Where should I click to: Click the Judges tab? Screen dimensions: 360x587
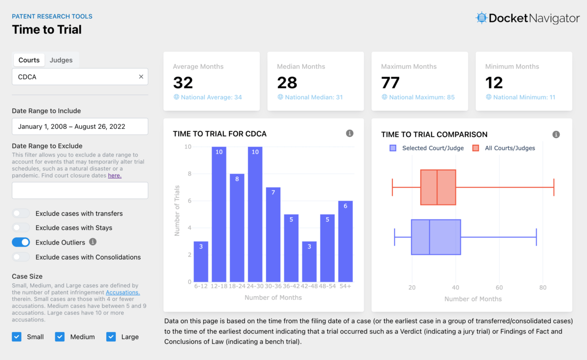(61, 60)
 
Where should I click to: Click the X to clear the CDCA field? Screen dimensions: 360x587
(141, 77)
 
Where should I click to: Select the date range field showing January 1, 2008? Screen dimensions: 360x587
(80, 126)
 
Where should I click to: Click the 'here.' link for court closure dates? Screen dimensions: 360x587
(114, 176)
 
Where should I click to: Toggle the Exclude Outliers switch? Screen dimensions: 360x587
(21, 242)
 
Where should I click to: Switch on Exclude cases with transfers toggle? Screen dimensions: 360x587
(21, 213)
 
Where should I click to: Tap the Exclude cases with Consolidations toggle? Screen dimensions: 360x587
(21, 257)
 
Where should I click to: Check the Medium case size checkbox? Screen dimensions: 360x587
(60, 337)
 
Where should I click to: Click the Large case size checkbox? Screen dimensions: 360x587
(111, 337)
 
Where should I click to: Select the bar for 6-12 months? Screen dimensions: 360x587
(201, 262)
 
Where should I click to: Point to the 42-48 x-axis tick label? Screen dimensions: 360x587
(309, 286)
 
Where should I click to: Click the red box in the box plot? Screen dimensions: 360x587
(438, 187)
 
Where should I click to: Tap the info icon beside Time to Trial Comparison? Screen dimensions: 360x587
(556, 135)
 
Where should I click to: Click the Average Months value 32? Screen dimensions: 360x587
(183, 83)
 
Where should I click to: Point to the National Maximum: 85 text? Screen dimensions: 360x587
(422, 97)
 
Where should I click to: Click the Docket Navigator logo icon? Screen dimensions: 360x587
(482, 18)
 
